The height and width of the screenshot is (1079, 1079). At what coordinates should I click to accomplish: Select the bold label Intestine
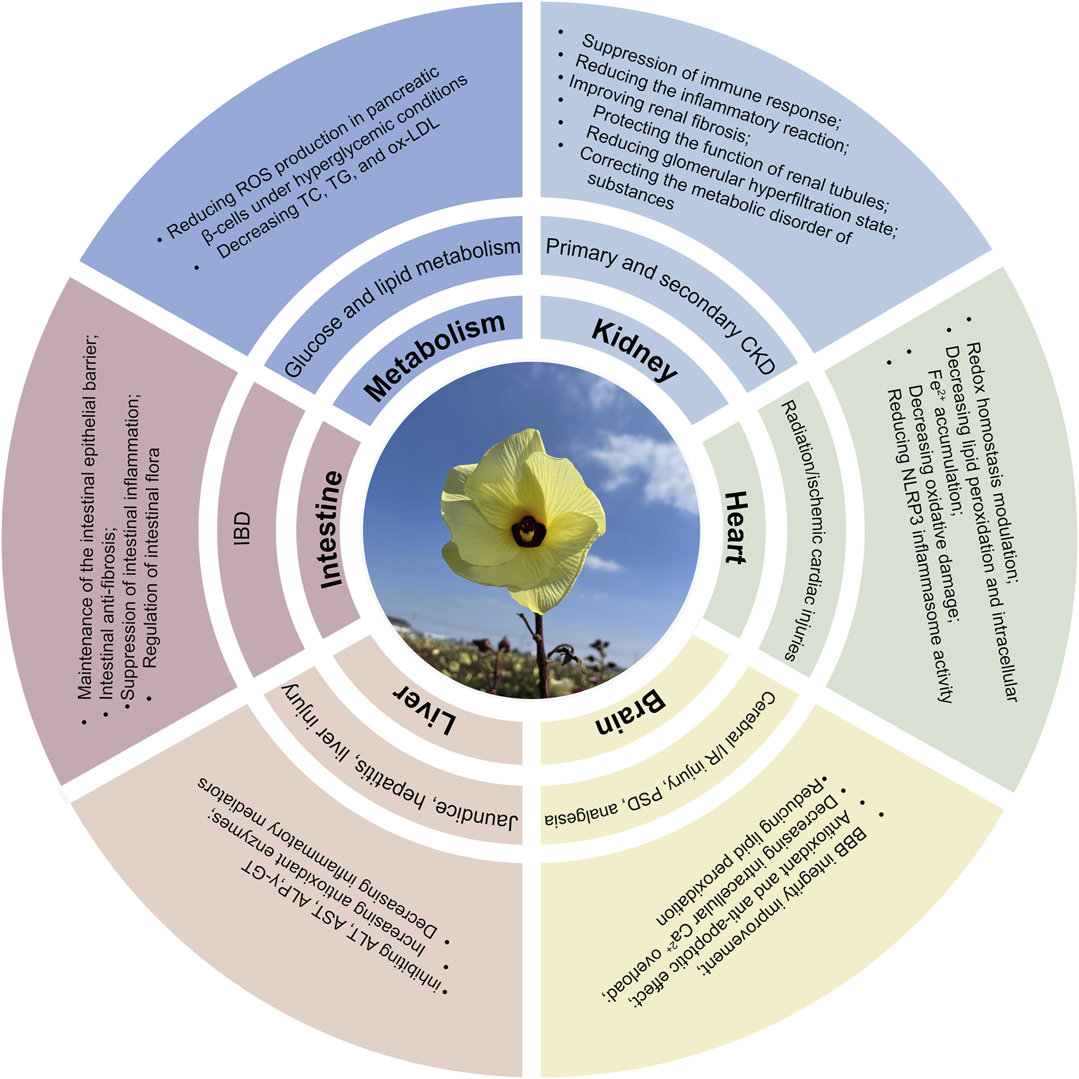pos(332,529)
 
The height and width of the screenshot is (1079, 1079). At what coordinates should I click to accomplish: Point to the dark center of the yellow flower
pos(527,531)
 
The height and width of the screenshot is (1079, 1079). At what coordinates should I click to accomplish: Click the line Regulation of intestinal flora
pos(151,557)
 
